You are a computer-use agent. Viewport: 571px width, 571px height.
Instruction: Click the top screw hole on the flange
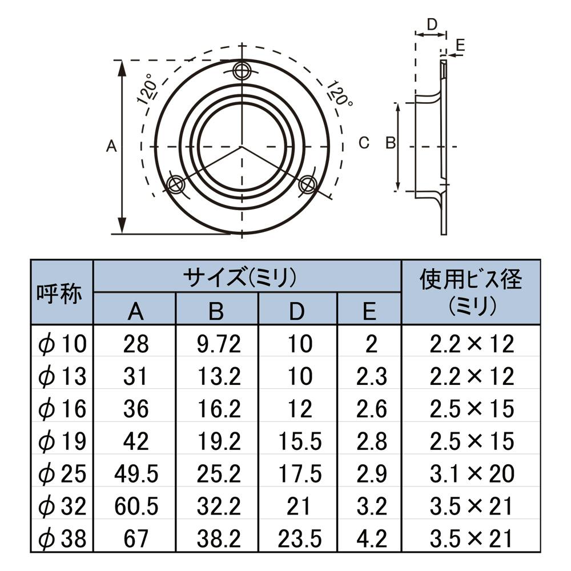pos(242,70)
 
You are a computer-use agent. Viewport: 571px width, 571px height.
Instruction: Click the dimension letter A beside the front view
pos(111,146)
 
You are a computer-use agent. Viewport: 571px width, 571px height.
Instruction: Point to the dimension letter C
pos(364,143)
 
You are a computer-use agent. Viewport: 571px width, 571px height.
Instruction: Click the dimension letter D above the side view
pos(432,25)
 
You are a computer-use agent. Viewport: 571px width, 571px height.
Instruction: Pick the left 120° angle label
pos(147,93)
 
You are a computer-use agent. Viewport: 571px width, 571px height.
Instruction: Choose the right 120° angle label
pos(339,94)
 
